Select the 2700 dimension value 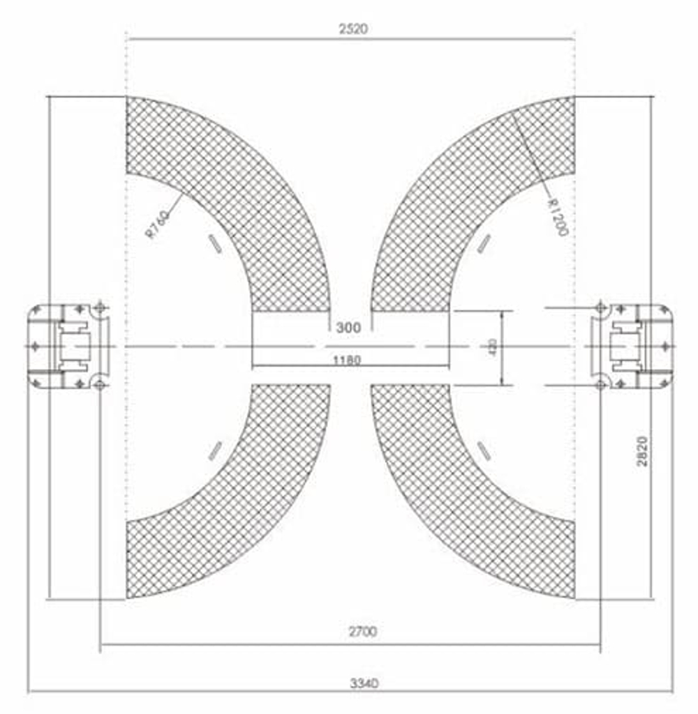tap(363, 632)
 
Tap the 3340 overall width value tap(363, 683)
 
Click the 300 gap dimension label tap(348, 326)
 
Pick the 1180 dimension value tap(347, 360)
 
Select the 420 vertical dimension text tap(493, 347)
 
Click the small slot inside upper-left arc tap(214, 245)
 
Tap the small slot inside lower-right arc tap(483, 449)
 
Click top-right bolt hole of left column tap(101, 307)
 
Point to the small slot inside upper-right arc tap(483, 243)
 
